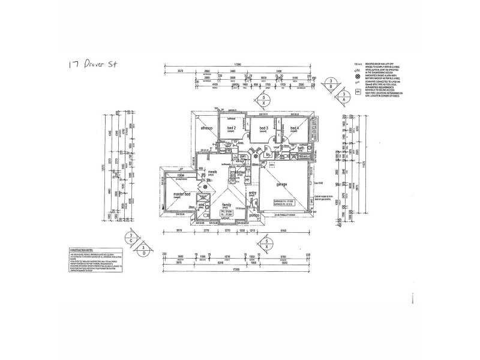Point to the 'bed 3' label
click(263, 128)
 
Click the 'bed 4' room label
click(294, 128)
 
